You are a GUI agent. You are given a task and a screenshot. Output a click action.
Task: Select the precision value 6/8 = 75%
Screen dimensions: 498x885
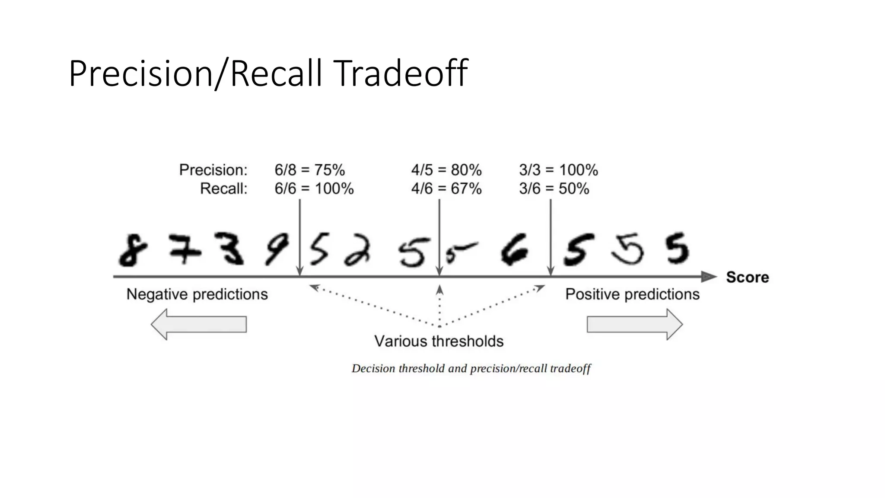pos(309,170)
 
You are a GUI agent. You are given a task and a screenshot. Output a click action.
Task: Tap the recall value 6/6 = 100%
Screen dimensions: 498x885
pos(314,188)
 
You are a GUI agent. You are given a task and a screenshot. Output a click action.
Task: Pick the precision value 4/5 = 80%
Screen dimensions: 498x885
pos(446,170)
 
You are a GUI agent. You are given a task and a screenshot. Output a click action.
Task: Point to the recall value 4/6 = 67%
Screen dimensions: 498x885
pos(446,188)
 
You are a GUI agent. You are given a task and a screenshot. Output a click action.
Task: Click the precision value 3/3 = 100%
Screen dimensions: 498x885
pos(558,170)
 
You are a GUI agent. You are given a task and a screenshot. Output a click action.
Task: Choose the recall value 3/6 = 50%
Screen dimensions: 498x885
pos(554,188)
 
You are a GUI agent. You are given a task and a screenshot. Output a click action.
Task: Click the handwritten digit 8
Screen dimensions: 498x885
pos(133,250)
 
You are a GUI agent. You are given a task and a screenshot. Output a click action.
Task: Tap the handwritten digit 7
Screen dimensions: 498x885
pos(185,249)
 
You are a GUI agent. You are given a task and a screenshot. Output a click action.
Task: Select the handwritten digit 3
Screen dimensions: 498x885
pos(230,249)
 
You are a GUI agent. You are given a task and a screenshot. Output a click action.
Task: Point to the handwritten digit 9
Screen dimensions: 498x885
pos(277,249)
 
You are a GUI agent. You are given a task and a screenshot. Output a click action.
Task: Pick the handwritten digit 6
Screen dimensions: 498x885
pos(514,249)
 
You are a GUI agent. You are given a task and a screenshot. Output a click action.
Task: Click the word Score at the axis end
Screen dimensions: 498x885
pos(747,277)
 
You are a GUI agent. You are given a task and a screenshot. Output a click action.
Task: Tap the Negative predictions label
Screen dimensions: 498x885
pos(197,294)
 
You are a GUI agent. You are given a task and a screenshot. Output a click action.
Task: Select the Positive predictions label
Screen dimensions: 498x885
pos(632,294)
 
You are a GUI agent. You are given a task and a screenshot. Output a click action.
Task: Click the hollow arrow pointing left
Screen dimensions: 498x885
pos(199,324)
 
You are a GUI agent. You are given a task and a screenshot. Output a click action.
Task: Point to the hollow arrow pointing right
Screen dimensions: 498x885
pos(634,324)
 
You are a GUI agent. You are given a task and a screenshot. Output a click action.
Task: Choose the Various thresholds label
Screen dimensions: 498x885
pos(439,342)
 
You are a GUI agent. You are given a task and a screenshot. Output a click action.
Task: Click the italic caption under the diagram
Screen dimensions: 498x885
pos(471,369)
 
